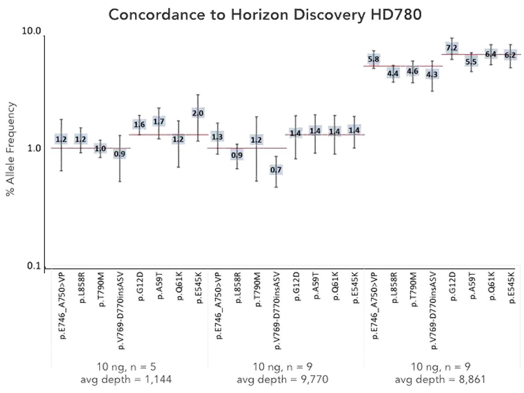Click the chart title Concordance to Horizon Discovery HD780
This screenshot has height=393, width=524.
click(x=265, y=15)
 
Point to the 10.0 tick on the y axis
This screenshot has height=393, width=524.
click(x=31, y=31)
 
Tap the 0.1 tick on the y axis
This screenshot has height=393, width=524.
click(x=34, y=266)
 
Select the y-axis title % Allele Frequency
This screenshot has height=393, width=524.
click(x=11, y=149)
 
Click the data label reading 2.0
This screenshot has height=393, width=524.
click(x=198, y=113)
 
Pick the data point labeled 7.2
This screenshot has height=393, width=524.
click(x=451, y=48)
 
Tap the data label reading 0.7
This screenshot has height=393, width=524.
click(x=276, y=170)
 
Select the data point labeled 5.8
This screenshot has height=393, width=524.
click(x=373, y=59)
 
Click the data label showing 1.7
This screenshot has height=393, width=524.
click(x=159, y=121)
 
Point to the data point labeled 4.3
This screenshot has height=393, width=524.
click(x=432, y=74)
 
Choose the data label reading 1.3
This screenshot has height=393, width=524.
click(x=217, y=136)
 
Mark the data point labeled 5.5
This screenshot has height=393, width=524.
click(x=471, y=62)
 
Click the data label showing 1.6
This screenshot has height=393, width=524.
click(x=139, y=125)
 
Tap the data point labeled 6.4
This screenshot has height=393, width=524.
click(x=491, y=54)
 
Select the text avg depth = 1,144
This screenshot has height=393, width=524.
click(x=126, y=379)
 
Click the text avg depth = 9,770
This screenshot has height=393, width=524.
click(x=282, y=379)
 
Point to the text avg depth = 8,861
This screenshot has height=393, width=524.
click(x=440, y=379)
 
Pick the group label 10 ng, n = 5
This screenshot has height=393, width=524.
click(x=126, y=367)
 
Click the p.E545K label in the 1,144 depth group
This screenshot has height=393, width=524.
click(x=199, y=288)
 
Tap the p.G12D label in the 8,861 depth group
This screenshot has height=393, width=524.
click(x=453, y=286)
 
